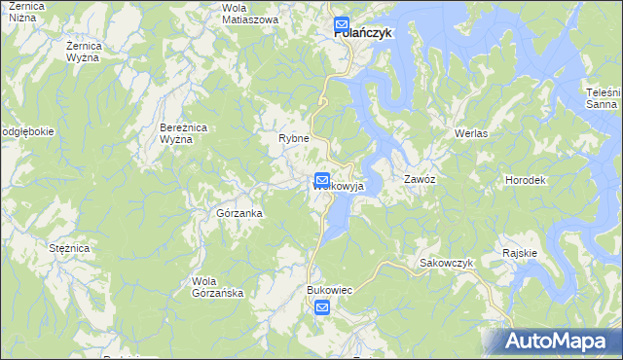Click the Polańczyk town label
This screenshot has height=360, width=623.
[362, 32]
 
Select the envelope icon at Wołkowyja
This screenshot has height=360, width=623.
[322, 180]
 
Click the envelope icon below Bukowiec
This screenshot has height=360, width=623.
[322, 308]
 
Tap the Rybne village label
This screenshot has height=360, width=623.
[293, 138]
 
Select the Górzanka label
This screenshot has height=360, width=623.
[239, 212]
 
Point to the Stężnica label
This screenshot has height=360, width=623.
[69, 249]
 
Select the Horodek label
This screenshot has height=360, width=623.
[525, 181]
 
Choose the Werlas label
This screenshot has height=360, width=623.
[470, 132]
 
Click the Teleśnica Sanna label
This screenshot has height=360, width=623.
[604, 97]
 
